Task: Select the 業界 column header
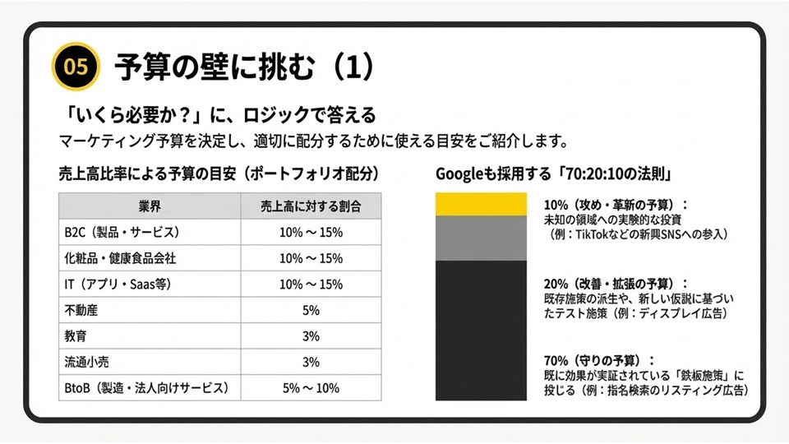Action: [x=149, y=206]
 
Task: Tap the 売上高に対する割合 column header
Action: [x=310, y=206]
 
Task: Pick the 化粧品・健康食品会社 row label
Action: [x=120, y=258]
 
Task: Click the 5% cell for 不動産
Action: [x=310, y=311]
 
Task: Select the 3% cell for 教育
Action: [x=310, y=336]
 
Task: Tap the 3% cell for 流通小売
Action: [x=310, y=362]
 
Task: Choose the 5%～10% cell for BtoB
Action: [x=310, y=387]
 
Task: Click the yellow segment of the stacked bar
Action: [x=481, y=204]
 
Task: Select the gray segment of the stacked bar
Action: [x=481, y=238]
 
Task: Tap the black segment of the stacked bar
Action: [x=481, y=330]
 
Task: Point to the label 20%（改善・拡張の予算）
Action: [x=616, y=282]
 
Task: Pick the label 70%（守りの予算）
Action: [x=599, y=360]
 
